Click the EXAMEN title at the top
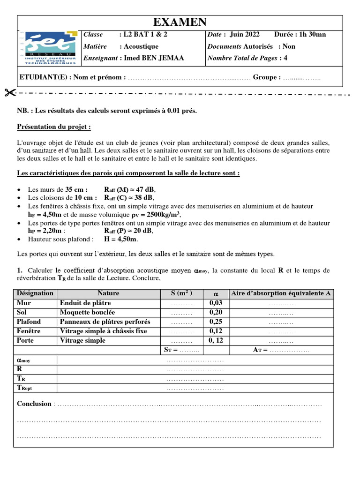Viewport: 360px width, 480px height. [180, 22]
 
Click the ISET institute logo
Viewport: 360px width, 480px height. [50, 47]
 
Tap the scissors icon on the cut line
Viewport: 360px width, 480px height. [9, 92]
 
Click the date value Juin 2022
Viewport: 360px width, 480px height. [244, 35]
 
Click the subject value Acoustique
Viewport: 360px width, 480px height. [141, 46]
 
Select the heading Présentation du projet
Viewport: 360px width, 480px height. [54, 127]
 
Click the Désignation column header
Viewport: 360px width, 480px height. [35, 293]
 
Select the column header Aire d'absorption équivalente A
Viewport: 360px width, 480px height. [281, 293]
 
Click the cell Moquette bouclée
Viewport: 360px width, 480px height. [87, 312]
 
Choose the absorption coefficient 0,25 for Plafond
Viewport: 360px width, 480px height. [216, 322]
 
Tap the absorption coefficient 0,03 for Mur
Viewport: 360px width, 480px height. [216, 303]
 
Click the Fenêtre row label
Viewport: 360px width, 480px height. [29, 331]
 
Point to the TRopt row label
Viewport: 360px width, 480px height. [24, 388]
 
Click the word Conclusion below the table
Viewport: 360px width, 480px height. [34, 404]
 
